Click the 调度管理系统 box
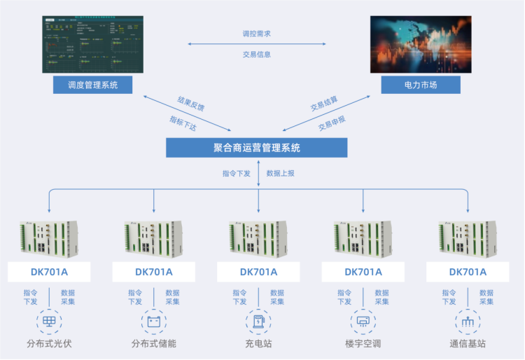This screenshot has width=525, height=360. tap(93, 85)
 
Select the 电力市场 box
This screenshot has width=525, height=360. tap(421, 85)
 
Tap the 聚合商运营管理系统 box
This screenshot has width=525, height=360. tap(256, 148)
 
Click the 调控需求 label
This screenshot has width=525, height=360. tap(256, 34)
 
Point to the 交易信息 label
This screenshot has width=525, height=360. tap(256, 54)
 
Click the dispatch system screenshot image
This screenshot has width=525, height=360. tap(93, 43)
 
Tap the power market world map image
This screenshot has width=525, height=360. tap(421, 43)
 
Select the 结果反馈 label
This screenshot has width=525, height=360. tap(191, 104)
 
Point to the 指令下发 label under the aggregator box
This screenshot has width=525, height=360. tap(237, 173)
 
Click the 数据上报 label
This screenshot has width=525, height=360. tap(281, 173)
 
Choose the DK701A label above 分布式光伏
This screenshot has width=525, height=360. tap(49, 272)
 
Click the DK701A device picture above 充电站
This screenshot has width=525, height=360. tap(258, 239)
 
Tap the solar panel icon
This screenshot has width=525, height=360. tap(49, 322)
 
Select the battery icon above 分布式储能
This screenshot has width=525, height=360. tap(154, 322)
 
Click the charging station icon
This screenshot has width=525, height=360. tap(258, 322)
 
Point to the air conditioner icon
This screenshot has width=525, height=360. tap(363, 322)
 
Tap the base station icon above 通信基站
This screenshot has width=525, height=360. tap(467, 322)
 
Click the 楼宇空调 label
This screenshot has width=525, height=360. tap(363, 344)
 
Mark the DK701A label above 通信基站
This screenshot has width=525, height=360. tap(467, 272)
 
